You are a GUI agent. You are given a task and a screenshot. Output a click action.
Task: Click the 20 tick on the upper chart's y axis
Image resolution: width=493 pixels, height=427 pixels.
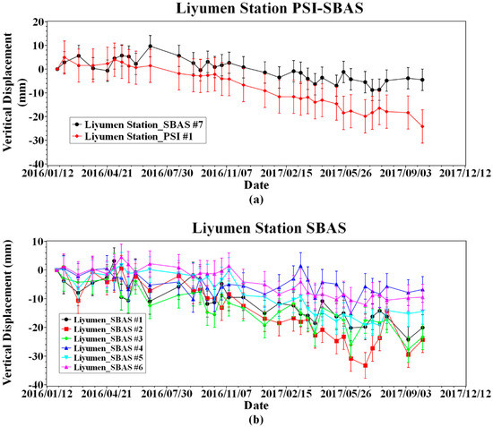click(x=39, y=21)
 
